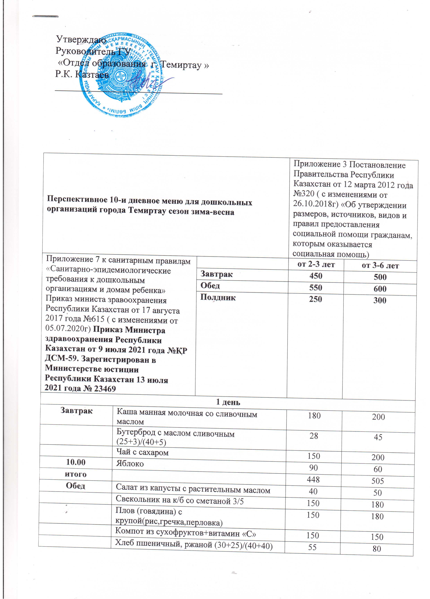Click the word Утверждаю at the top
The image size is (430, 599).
click(81, 40)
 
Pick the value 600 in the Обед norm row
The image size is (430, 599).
click(380, 289)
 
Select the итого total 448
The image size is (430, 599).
click(314, 480)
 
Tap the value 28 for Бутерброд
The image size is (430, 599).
click(314, 436)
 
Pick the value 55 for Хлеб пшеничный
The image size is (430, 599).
click(312, 547)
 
